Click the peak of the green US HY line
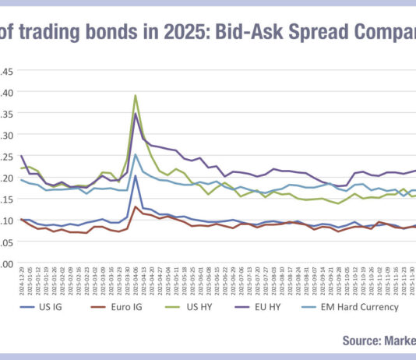tap(136, 96)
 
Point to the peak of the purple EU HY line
tap(136, 114)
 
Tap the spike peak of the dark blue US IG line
tap(136, 175)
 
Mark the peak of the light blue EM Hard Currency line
tap(136, 154)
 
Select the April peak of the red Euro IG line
tap(136, 206)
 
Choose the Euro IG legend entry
tap(111, 307)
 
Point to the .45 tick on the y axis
tap(6, 72)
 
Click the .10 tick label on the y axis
tap(6, 221)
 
